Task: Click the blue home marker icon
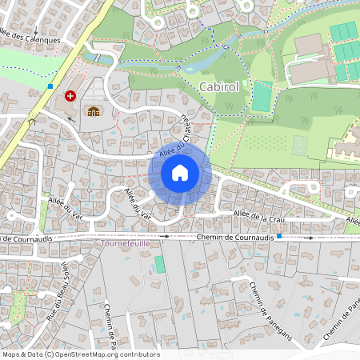click(180, 173)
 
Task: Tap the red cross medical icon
click(70, 95)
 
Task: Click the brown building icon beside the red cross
click(94, 111)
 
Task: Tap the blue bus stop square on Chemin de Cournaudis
click(278, 237)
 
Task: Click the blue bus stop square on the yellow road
click(50, 86)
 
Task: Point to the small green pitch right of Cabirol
click(262, 96)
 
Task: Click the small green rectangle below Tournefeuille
click(159, 264)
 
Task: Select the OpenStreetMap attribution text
click(81, 354)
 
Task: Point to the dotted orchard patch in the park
click(263, 144)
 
